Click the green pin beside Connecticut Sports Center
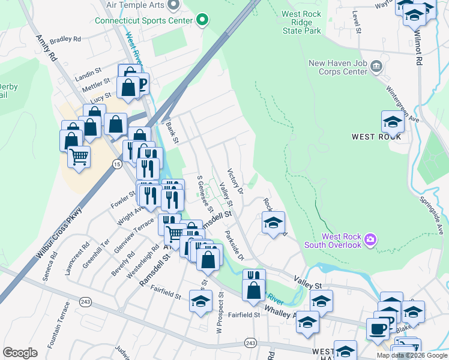(202, 20)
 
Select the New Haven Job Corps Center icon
(376, 65)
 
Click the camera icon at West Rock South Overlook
(370, 239)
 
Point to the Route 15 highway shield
(116, 164)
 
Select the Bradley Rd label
(65, 40)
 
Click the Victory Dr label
(235, 181)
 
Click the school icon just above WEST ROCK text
(393, 122)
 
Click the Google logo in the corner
(20, 353)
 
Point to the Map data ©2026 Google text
(412, 355)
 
